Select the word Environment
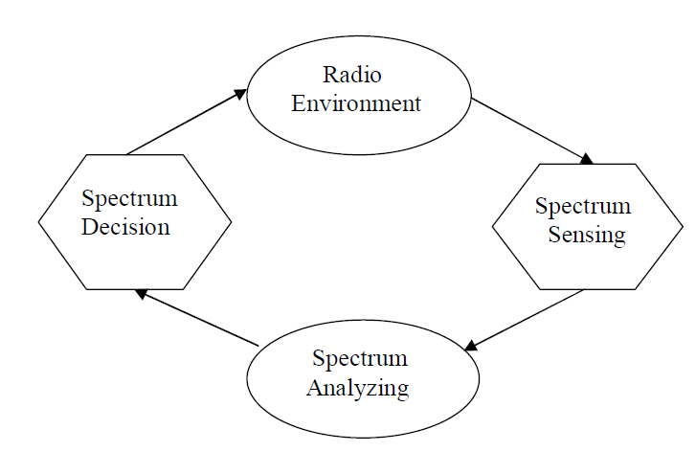356,102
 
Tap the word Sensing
587,235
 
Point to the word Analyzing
358,388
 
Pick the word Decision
126,227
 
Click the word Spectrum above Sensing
583,206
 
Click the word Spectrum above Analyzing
360,359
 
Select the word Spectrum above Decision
129,199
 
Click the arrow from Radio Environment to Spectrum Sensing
531,129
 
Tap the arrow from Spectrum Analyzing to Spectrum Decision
196,318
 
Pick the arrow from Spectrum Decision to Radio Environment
186,122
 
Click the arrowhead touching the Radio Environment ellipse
240,93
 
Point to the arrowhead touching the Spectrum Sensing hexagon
586,159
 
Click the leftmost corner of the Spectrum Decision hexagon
39,222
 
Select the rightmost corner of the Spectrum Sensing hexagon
684,227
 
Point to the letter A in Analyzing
314,388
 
